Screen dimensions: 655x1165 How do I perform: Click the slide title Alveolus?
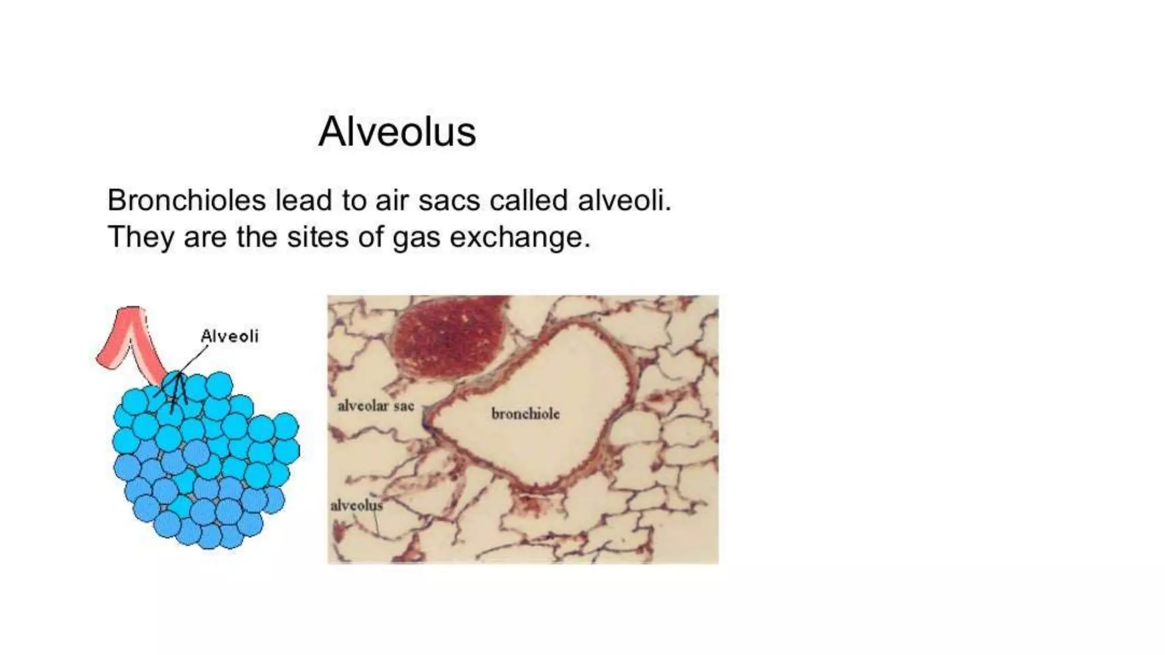397,132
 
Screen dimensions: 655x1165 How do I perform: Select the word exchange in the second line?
519,237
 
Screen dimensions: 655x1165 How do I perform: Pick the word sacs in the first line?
449,200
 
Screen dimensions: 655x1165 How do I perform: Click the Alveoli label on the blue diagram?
229,336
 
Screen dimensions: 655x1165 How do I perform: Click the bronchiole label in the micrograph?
525,414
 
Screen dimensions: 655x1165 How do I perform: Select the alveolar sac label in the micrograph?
375,406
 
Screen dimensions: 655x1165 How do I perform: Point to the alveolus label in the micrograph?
356,505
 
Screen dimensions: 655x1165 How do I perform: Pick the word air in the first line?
391,200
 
